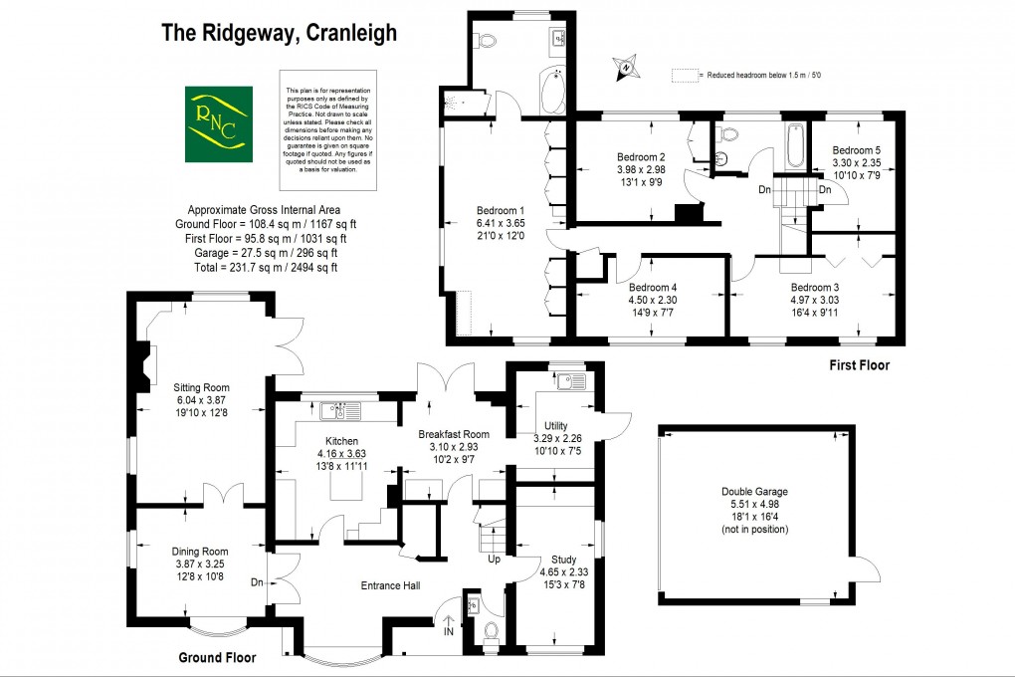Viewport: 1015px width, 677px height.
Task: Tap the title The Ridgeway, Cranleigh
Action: click(280, 33)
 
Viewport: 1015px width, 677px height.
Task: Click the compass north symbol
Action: click(626, 68)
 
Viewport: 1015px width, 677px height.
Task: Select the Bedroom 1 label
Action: click(501, 210)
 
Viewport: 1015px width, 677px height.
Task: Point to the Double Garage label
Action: click(754, 491)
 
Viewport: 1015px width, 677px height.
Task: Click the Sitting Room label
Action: click(201, 387)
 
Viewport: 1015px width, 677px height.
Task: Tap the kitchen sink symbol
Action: click(334, 408)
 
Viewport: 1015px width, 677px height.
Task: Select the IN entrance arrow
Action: click(448, 626)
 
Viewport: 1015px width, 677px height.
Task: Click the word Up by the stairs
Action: click(494, 560)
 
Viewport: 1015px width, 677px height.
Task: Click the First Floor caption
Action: click(860, 365)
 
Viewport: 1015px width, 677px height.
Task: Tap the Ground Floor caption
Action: click(217, 657)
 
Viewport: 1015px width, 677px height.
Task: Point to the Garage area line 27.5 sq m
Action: click(264, 253)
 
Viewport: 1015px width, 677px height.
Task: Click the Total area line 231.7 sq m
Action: click(264, 267)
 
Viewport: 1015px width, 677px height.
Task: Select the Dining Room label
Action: click(201, 551)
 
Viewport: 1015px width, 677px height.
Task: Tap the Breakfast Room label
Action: click(454, 434)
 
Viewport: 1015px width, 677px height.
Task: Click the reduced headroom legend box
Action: click(684, 75)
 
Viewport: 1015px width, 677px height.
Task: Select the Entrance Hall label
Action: click(392, 585)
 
